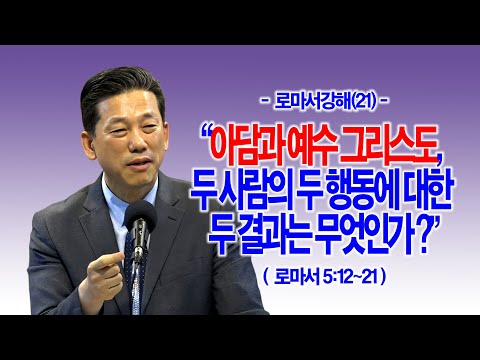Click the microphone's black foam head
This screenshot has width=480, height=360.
[x=140, y=217]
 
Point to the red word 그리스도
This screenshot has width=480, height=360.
[x=387, y=146]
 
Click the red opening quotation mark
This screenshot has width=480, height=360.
[x=207, y=131]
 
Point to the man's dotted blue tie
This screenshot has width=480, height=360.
[x=133, y=267]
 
